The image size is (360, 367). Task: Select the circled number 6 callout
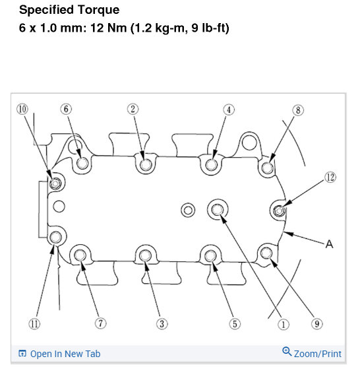65,109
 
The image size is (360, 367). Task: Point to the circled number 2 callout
133,109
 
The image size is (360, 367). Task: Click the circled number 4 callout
229,110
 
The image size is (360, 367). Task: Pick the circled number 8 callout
298,110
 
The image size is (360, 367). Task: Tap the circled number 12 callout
330,176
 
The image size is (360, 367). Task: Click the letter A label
330,244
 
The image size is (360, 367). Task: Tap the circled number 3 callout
161,323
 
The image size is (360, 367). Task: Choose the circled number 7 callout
100,323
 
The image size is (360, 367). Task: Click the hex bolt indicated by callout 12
278,211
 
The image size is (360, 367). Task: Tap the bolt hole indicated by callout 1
217,211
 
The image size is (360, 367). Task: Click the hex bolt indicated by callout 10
55,183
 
